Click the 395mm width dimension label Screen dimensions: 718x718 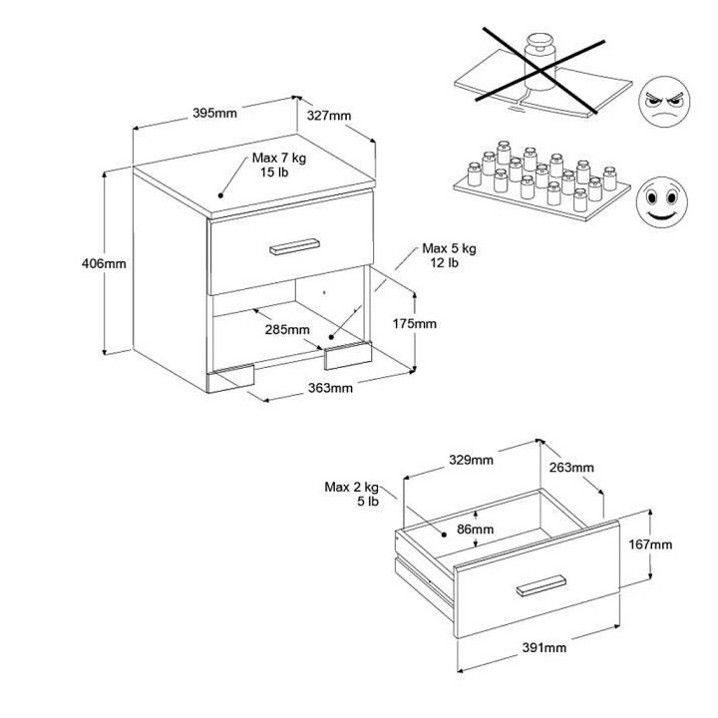pos(214,113)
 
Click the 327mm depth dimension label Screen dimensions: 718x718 pos(328,115)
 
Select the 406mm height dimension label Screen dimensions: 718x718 pos(105,264)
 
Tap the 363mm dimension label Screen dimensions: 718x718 pos(331,388)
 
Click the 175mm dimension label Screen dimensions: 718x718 pos(415,324)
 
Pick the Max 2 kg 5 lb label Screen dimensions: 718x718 pos(352,494)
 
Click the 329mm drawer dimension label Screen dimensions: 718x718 pos(471,460)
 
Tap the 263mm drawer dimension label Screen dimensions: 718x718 pos(571,468)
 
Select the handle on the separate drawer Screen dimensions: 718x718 pos(541,585)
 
